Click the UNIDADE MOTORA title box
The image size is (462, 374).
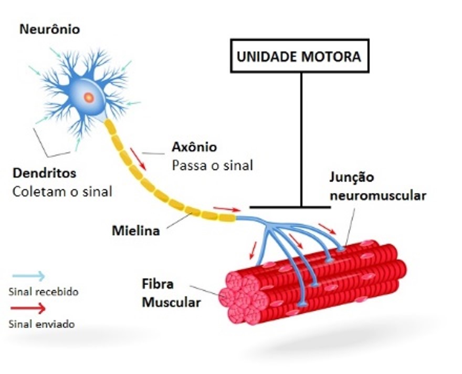pos(299,56)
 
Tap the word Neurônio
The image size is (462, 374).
pos(50,29)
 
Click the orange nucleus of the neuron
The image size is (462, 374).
pos(89,97)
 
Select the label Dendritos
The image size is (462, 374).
pos(44,173)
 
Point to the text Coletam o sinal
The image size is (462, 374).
pos(62,191)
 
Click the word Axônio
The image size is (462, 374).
pos(194,147)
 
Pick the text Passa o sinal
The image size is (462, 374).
pos(212,165)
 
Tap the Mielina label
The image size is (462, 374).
pos(135,230)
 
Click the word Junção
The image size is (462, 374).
pos(352,177)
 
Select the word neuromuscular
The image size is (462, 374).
pos(377,195)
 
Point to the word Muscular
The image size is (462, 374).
pos(172,303)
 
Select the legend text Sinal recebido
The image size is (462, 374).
pos(44,291)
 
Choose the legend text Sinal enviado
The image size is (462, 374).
pos(41,324)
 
